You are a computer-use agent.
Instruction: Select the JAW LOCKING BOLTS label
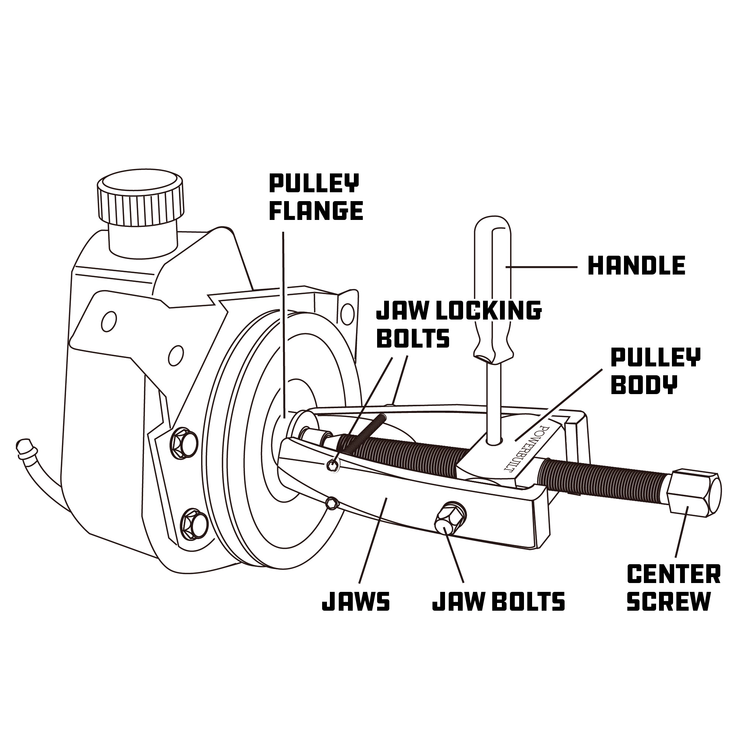coord(458,324)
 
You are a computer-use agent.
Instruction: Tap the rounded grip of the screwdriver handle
coord(492,290)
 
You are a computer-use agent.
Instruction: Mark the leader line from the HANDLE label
coord(542,267)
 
